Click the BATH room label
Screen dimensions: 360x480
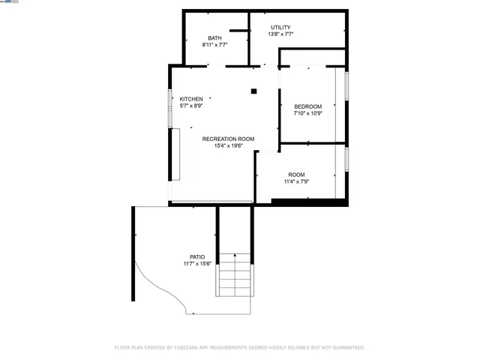pyautogui.click(x=214, y=38)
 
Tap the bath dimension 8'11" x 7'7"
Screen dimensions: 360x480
pyautogui.click(x=214, y=45)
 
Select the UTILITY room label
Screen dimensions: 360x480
pyautogui.click(x=280, y=28)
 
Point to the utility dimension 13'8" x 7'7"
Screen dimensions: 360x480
pyautogui.click(x=280, y=34)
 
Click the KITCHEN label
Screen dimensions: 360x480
pyautogui.click(x=191, y=99)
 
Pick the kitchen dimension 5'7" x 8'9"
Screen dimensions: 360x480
pyautogui.click(x=191, y=106)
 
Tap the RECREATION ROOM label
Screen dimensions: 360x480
pyautogui.click(x=228, y=139)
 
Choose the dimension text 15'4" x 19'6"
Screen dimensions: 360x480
pyautogui.click(x=228, y=145)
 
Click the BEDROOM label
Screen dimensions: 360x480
pyautogui.click(x=307, y=106)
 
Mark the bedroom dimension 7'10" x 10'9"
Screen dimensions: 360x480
pyautogui.click(x=307, y=113)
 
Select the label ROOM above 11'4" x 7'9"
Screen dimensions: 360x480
pyautogui.click(x=296, y=175)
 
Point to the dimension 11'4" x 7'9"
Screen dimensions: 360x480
pyautogui.click(x=296, y=181)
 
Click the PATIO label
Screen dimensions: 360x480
pyautogui.click(x=197, y=256)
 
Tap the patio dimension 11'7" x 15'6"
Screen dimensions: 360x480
pyautogui.click(x=197, y=263)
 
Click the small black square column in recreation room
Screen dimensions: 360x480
pyautogui.click(x=254, y=91)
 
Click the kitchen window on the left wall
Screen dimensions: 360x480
pyautogui.click(x=170, y=100)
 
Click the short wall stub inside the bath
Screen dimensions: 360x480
pyautogui.click(x=238, y=31)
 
